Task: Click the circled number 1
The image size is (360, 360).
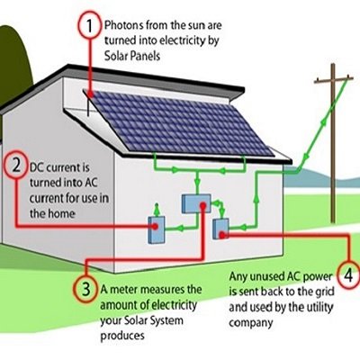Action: click(x=88, y=27)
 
